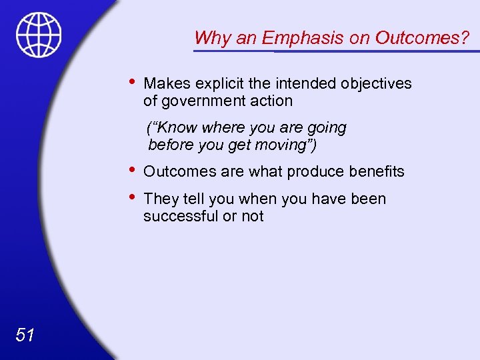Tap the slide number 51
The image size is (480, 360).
click(25, 335)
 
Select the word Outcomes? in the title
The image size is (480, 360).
click(422, 38)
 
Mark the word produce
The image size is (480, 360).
click(313, 171)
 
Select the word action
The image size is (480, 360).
click(273, 101)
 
